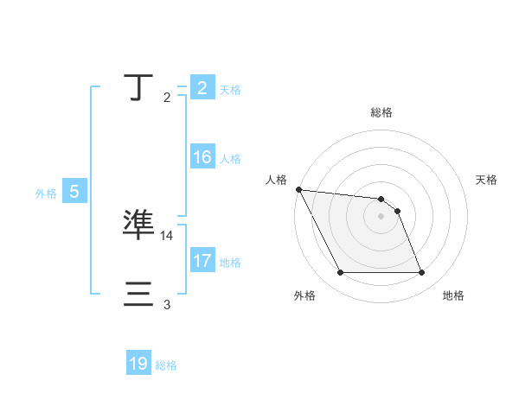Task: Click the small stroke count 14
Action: point(167,235)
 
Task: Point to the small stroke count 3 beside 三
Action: point(167,305)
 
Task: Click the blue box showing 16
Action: point(202,158)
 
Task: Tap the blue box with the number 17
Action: point(202,261)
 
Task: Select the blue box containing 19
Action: point(138,365)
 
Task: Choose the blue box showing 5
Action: point(74,193)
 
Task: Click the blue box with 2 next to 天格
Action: point(202,88)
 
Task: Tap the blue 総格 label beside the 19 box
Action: point(166,365)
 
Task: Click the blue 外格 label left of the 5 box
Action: point(46,193)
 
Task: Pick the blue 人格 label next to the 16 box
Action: point(230,159)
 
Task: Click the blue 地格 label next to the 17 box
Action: point(230,262)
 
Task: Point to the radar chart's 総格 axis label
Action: point(381,112)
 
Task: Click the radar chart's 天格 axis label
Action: point(486,180)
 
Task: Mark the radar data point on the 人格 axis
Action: point(298,189)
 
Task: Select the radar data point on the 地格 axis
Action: point(421,273)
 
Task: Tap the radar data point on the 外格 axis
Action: point(340,273)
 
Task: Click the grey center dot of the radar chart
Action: point(381,216)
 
